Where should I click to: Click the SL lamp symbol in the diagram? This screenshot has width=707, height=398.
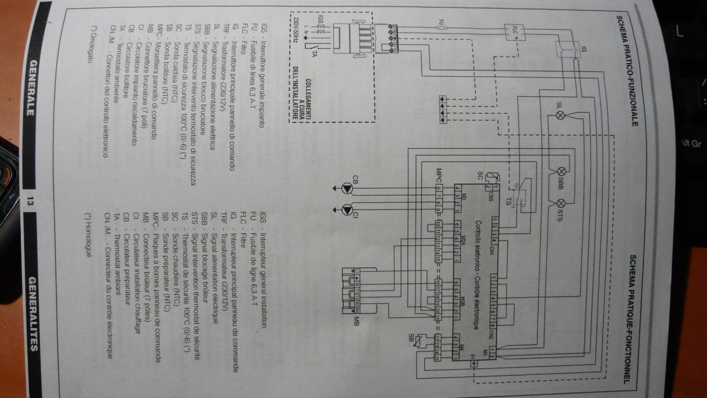point(559,116)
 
